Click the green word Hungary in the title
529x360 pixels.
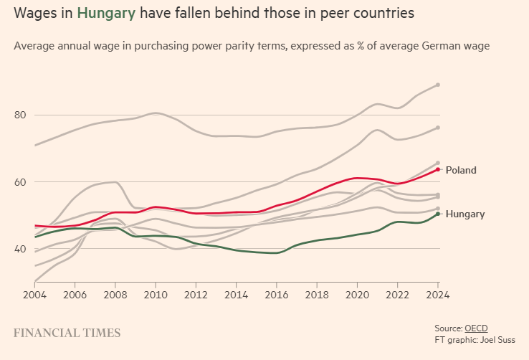pos(106,13)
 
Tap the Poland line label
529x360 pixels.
pos(460,171)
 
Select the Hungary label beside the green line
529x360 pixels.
pos(464,214)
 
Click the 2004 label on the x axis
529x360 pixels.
pos(34,294)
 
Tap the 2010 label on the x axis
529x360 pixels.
pos(155,294)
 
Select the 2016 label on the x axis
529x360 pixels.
pos(277,294)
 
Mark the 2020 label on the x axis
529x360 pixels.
pos(357,294)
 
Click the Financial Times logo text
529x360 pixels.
pos(67,333)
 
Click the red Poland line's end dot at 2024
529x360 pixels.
pos(438,169)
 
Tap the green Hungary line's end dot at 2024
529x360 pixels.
pos(438,214)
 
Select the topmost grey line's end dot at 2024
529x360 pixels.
pos(438,85)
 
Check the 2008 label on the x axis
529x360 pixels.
pos(115,294)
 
